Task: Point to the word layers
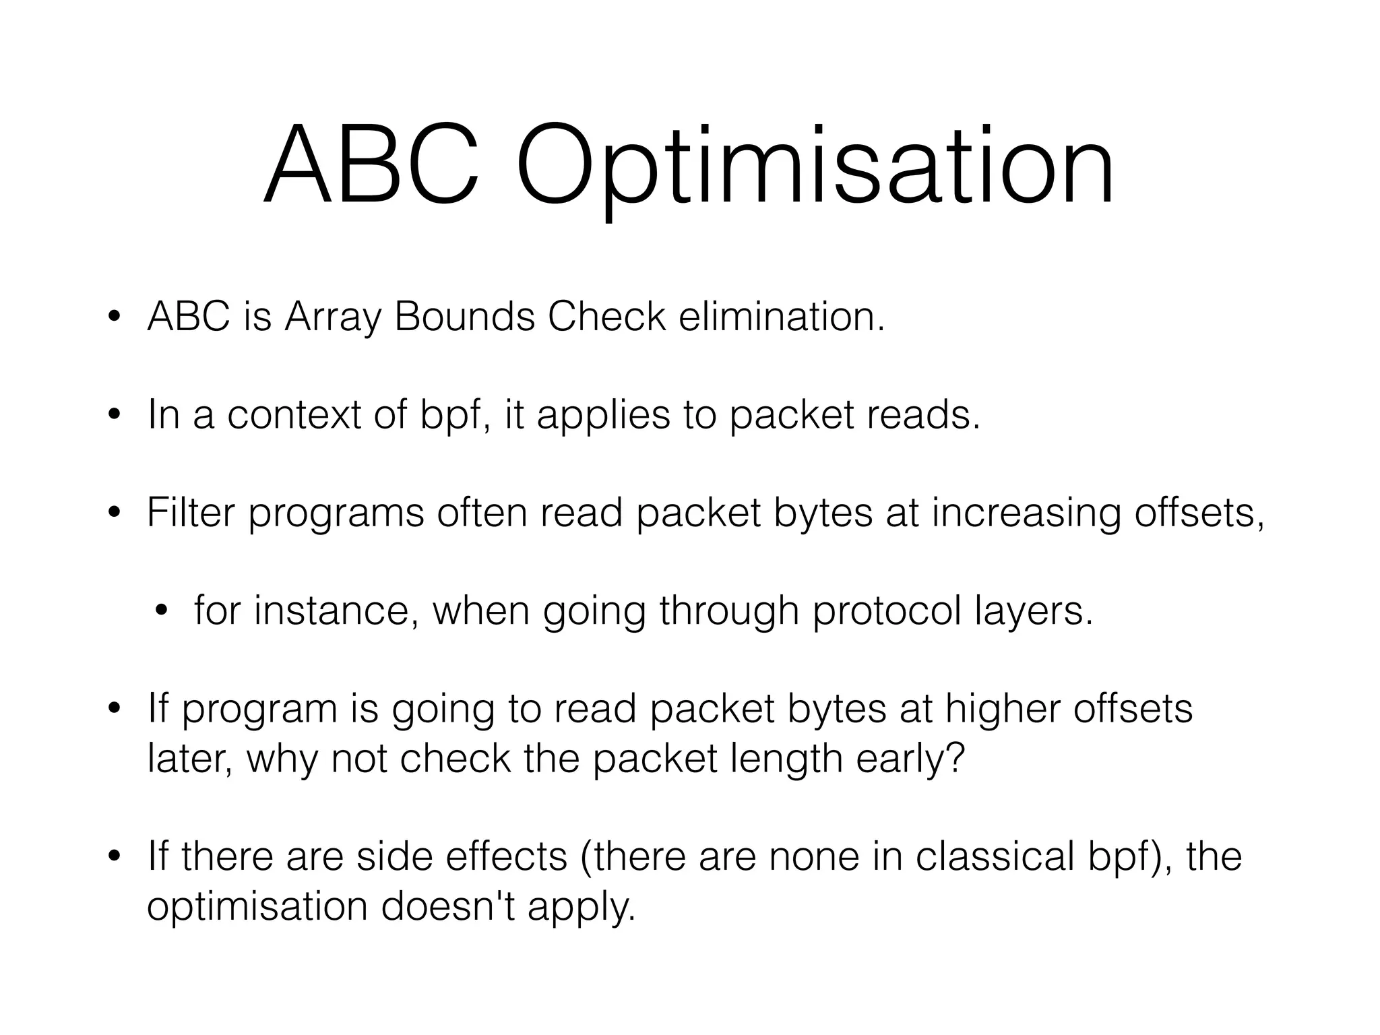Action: tap(1034, 612)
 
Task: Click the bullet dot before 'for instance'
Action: tap(160, 611)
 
